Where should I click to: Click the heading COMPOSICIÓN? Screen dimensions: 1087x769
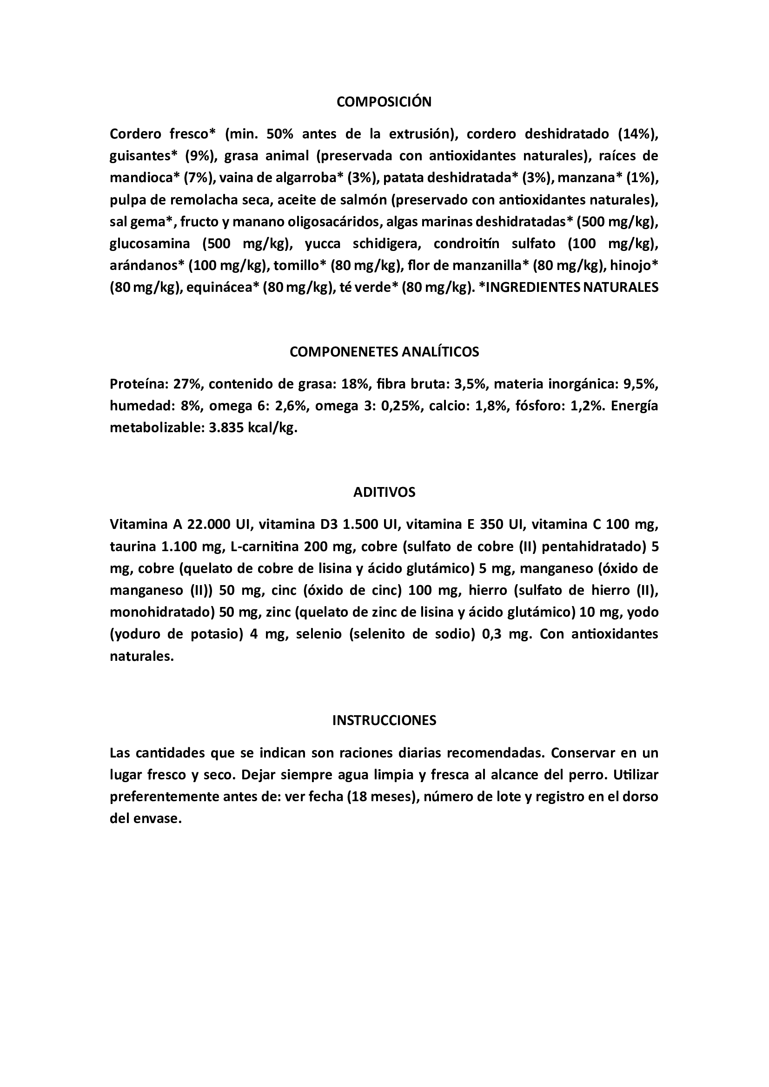[x=384, y=102]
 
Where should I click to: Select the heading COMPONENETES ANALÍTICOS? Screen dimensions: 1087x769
[x=384, y=352]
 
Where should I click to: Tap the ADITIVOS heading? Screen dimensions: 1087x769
[x=384, y=492]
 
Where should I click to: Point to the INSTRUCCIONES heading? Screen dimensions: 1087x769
[x=384, y=720]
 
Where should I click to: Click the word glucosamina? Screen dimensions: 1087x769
[x=150, y=244]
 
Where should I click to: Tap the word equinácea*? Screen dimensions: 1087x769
[x=222, y=287]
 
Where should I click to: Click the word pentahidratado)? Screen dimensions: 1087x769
[x=594, y=547]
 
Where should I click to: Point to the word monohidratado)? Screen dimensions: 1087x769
[x=162, y=613]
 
